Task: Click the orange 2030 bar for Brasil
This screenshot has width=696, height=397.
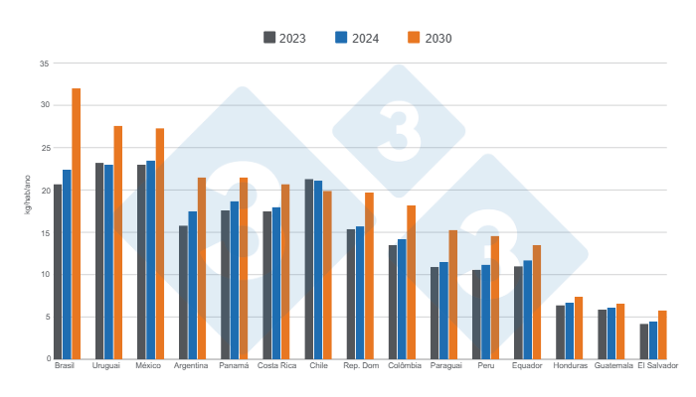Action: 76,223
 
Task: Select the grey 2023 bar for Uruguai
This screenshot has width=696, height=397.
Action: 99,260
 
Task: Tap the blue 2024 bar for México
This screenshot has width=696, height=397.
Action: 150,259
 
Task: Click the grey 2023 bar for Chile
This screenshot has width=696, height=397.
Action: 309,268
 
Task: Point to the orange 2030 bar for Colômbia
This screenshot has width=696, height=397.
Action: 411,282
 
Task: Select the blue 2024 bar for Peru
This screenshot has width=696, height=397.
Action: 485,311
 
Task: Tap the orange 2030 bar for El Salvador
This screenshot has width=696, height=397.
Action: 662,334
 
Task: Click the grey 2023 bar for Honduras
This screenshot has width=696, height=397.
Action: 560,331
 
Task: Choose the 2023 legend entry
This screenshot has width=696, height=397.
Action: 284,38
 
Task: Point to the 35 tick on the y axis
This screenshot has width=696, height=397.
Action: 44,63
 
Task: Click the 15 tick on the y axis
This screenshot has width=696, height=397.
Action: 44,232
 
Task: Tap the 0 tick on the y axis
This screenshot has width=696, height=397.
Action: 47,358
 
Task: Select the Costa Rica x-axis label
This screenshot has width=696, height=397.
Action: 276,366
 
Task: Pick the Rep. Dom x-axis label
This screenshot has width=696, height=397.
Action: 360,366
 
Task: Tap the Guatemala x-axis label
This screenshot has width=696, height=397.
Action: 612,366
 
